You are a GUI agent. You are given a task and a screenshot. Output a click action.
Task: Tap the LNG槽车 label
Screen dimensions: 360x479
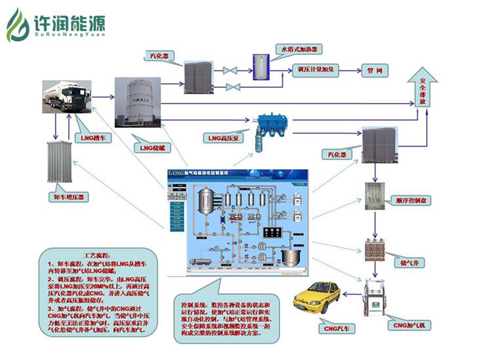tap(94, 138)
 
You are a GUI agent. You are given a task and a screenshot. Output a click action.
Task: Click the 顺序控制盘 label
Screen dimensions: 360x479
tap(412, 201)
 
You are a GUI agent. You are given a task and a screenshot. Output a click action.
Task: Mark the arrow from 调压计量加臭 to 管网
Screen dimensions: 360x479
tap(350, 69)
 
